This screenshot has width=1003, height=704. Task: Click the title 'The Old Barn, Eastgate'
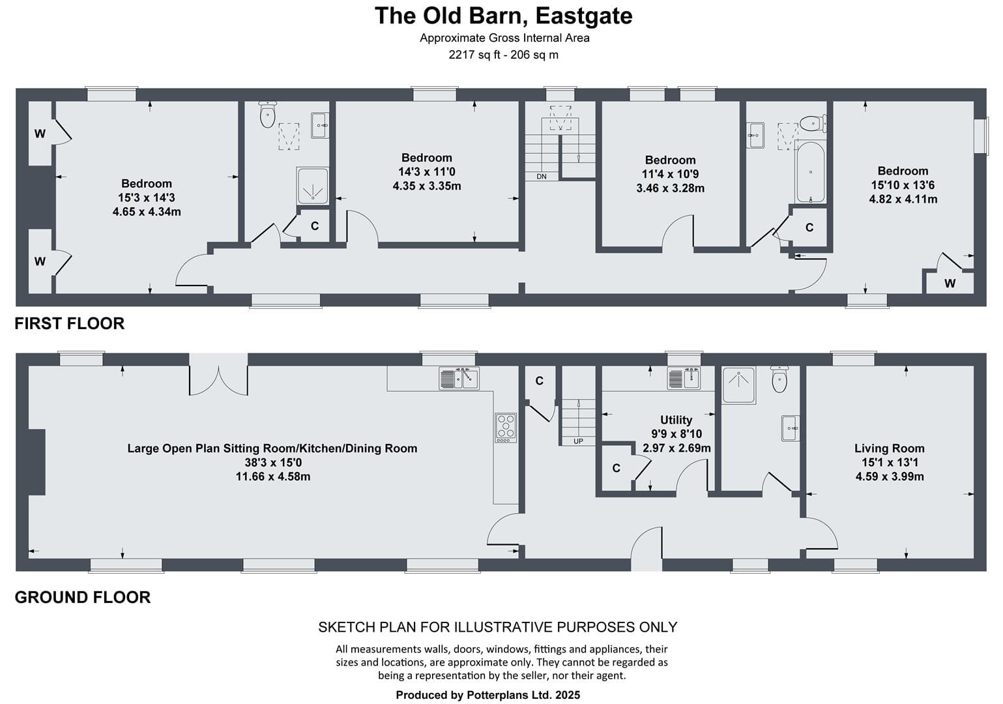coord(503,16)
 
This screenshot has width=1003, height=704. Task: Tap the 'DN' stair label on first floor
coord(542,177)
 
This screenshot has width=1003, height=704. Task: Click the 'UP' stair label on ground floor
coord(578,441)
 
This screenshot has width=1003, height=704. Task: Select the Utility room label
coord(676,420)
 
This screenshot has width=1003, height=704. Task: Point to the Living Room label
coord(889,448)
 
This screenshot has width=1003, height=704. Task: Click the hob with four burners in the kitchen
coord(506,428)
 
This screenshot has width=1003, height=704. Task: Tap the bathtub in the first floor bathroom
coord(811,173)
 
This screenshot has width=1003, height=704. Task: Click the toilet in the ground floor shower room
coord(779,379)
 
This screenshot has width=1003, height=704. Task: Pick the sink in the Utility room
coord(684,378)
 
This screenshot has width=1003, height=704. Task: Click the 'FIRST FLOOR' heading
coord(69,323)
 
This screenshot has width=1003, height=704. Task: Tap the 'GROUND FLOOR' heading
coord(83,597)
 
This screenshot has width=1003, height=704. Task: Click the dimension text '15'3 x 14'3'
coord(147,198)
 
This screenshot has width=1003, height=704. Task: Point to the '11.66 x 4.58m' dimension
coord(273,477)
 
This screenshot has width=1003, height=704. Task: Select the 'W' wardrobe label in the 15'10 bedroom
coord(950,283)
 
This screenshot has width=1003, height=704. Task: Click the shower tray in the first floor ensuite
coord(313,186)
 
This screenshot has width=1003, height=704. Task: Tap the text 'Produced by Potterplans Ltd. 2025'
coord(488,695)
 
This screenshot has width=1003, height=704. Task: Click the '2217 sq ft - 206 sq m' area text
coord(504,55)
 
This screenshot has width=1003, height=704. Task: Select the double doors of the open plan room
coord(218,381)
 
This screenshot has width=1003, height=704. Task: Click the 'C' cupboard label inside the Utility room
coord(617,468)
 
